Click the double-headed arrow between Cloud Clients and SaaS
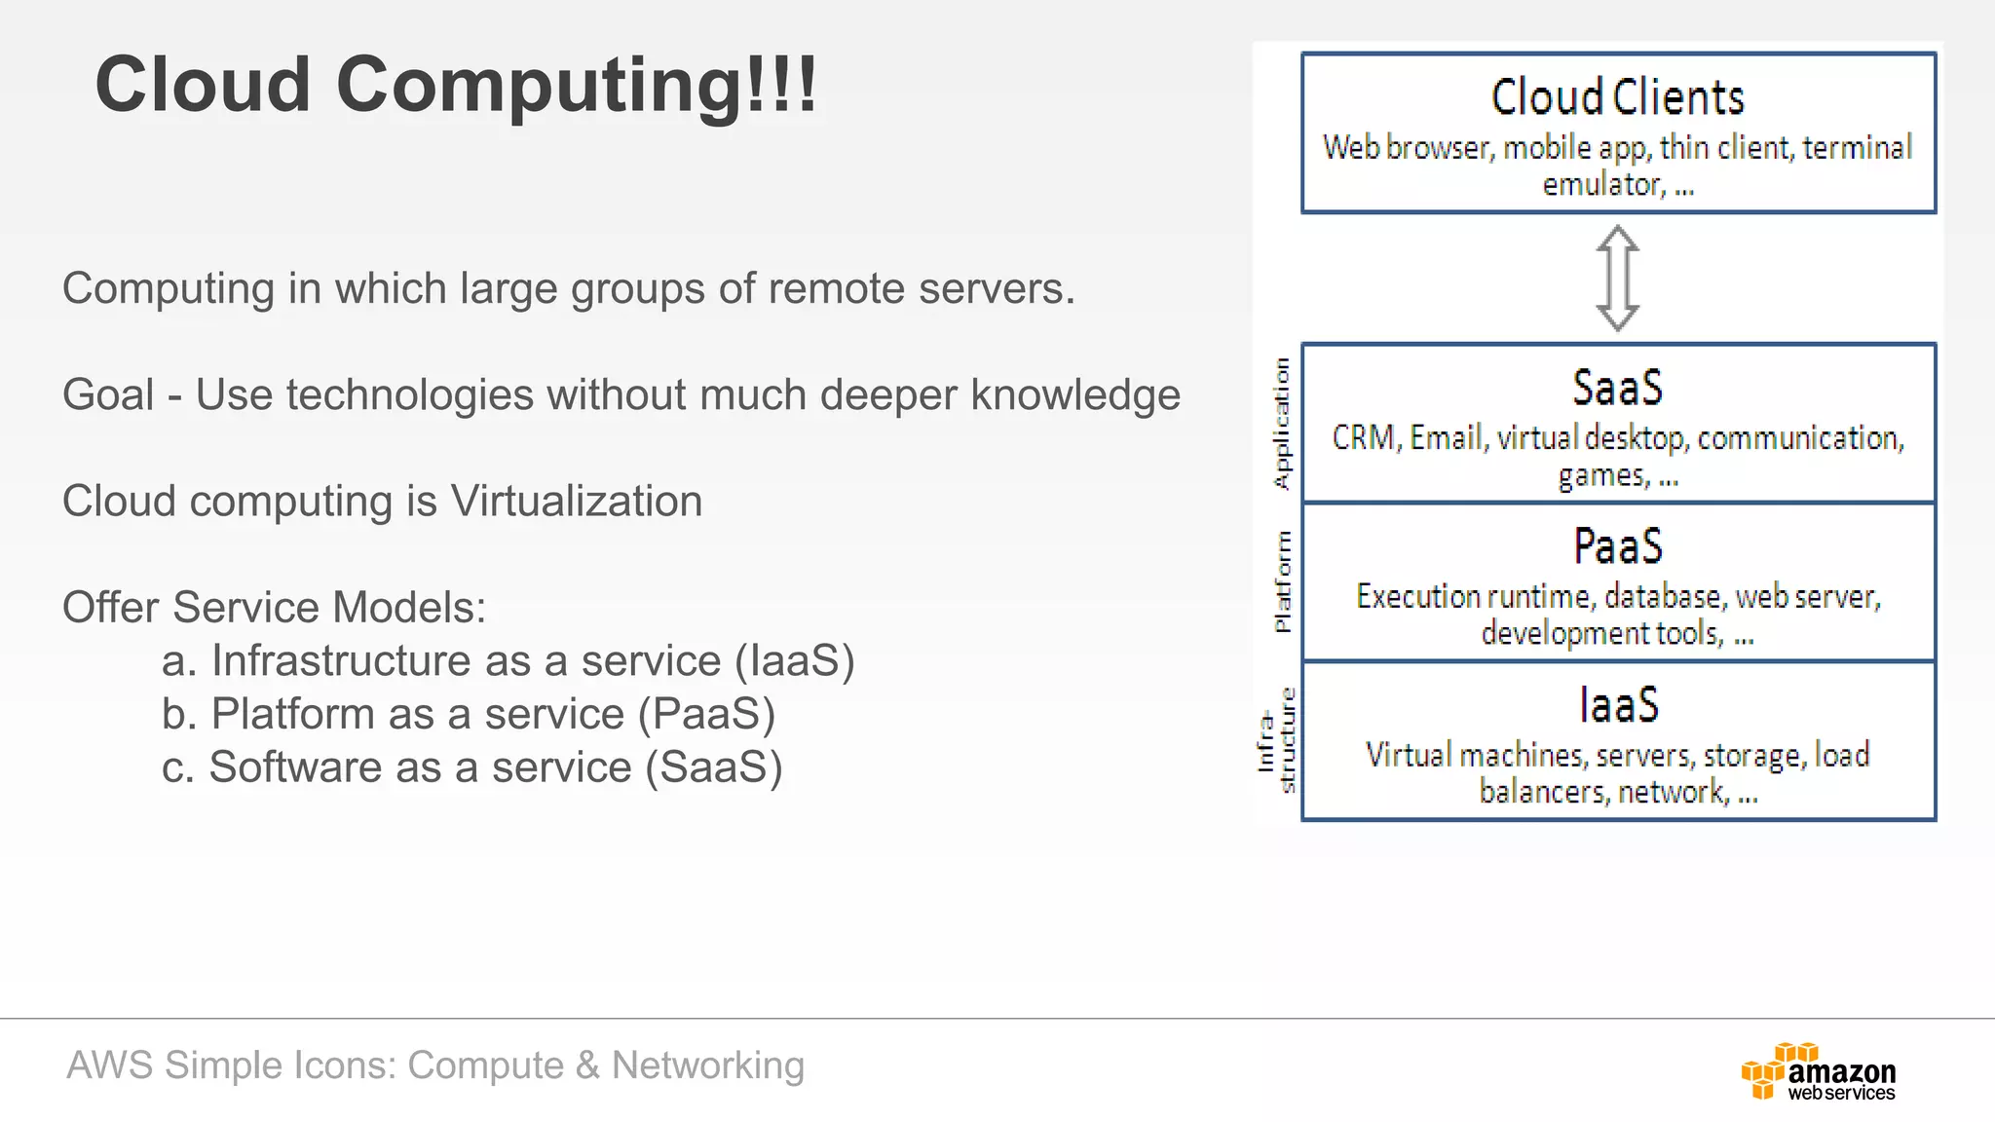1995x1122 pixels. (1617, 279)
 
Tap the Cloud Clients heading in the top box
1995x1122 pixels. (1617, 97)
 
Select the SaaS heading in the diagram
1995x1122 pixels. (1617, 388)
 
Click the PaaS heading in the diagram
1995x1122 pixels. (1617, 546)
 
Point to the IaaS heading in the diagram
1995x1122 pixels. (1617, 705)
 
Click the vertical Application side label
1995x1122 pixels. (1282, 424)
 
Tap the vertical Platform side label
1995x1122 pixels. (1282, 581)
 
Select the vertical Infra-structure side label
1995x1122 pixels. (1276, 741)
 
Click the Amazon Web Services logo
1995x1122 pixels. (1818, 1071)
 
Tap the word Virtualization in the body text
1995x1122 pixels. (576, 502)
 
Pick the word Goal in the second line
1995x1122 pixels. (107, 395)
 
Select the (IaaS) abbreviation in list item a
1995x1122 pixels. (794, 661)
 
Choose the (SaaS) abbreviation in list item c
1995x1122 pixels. (714, 767)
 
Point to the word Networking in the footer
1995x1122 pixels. (707, 1066)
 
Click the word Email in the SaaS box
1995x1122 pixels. (1448, 438)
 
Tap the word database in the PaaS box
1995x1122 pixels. (1663, 596)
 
